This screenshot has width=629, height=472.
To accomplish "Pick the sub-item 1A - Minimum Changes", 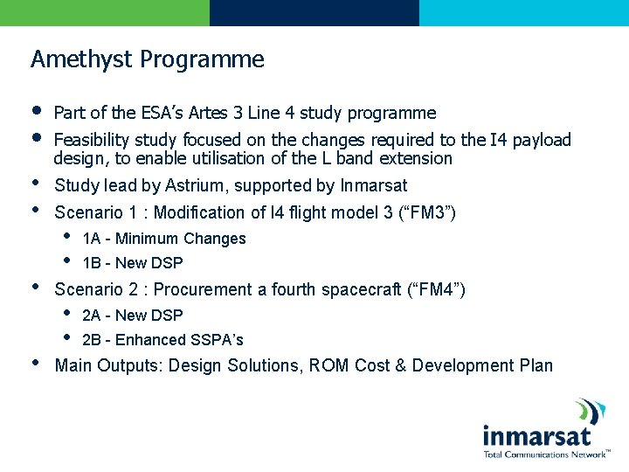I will point(163,239).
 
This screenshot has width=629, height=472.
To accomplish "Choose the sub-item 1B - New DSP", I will point(132,263).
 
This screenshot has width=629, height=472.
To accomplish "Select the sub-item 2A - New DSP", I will point(132,316).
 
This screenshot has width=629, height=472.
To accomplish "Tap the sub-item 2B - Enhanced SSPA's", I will point(162,340).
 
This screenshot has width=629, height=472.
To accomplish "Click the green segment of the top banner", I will point(105,12).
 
